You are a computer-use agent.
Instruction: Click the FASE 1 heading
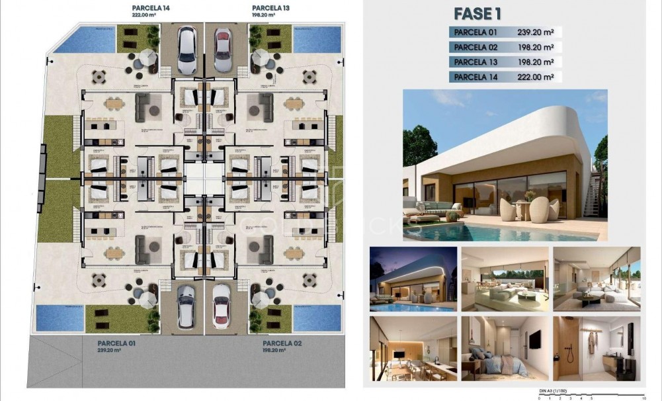click(477, 13)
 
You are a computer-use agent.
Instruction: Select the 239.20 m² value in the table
click(534, 32)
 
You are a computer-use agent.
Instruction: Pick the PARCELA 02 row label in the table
click(475, 47)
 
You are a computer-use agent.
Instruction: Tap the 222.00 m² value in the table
click(534, 77)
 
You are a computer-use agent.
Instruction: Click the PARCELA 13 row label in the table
click(475, 62)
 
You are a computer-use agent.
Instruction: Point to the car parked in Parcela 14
click(186, 50)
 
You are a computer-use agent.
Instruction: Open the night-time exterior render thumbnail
click(413, 279)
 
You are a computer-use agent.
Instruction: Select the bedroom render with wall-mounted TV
click(505, 348)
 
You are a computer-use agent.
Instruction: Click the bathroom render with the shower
click(596, 348)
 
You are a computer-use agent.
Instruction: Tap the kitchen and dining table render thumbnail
click(413, 348)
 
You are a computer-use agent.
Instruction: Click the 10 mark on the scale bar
click(643, 398)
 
